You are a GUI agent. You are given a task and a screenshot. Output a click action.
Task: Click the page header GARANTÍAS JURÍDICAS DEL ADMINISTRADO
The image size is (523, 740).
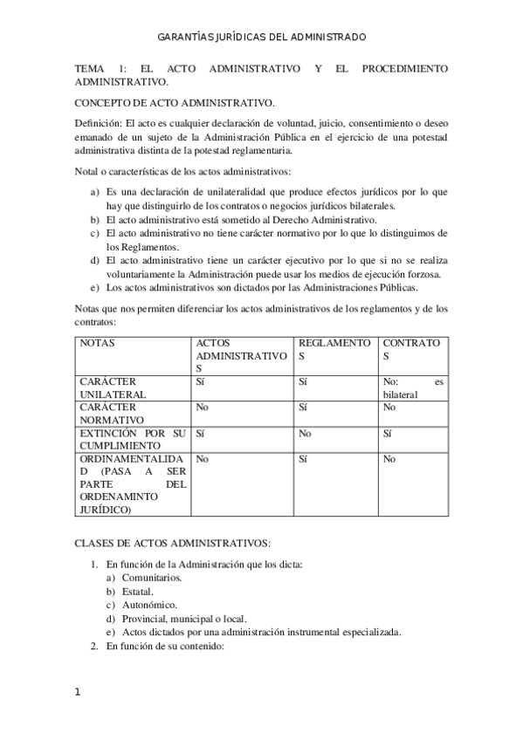(261, 38)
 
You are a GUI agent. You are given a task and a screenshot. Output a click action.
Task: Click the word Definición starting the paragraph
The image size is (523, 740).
(97, 123)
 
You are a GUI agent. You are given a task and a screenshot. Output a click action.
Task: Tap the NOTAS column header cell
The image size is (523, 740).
(97, 343)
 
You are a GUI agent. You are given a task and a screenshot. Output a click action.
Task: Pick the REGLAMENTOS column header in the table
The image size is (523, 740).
(334, 350)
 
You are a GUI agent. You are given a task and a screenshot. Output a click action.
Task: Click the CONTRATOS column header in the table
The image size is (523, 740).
(411, 350)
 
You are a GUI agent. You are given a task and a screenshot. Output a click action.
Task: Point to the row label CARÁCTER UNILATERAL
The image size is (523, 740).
(114, 387)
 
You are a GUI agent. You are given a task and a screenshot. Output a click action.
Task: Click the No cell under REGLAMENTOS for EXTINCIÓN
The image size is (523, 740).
(305, 433)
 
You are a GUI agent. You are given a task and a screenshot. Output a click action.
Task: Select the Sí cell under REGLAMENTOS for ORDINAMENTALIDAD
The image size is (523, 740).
(303, 458)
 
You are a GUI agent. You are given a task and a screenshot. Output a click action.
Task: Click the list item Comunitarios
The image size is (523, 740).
(152, 578)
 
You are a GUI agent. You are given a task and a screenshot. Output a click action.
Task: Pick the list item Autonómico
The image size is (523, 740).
(149, 605)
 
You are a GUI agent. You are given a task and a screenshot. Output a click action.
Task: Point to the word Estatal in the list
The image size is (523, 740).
(138, 592)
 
